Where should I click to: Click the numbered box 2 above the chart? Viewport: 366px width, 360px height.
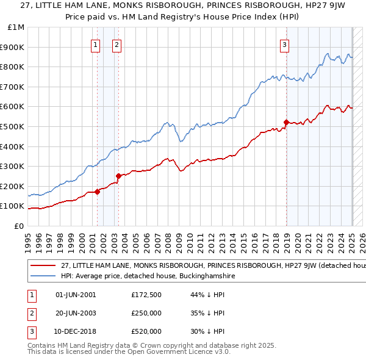[117, 43]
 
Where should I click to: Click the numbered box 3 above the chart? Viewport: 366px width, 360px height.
[285, 43]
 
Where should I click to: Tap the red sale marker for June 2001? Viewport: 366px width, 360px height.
[97, 192]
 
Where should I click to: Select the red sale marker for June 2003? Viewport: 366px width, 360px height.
[118, 176]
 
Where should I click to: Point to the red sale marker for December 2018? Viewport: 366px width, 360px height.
[286, 122]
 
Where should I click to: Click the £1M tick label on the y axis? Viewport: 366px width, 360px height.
[16, 27]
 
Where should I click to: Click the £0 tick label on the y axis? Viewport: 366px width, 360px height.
[18, 226]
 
